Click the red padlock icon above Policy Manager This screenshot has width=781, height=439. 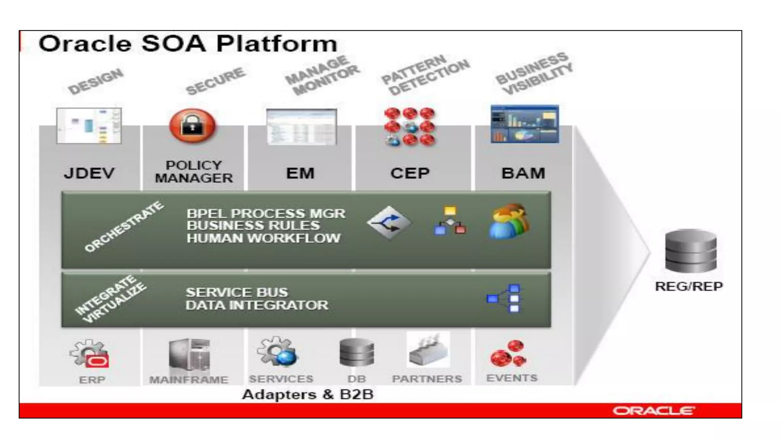pos(193,126)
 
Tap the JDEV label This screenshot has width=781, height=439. pos(89,173)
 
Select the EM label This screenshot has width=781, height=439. pos(300,173)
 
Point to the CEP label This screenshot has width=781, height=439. pos(410,173)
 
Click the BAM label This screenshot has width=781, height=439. pos(523,173)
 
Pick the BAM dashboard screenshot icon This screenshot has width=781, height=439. pos(525,124)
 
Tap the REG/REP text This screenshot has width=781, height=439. pos(689,286)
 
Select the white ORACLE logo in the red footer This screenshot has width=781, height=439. pos(654,411)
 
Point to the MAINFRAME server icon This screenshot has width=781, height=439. pos(190,355)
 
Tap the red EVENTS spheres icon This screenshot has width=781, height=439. pos(509,354)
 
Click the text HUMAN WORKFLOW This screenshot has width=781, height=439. pos(263,238)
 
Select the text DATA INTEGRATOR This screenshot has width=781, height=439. pos(257,305)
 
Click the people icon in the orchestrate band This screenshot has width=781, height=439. pos(509,221)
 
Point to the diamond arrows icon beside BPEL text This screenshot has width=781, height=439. pos(389,223)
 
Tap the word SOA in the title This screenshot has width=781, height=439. pos(174,43)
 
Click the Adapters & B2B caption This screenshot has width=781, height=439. pos(307,394)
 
